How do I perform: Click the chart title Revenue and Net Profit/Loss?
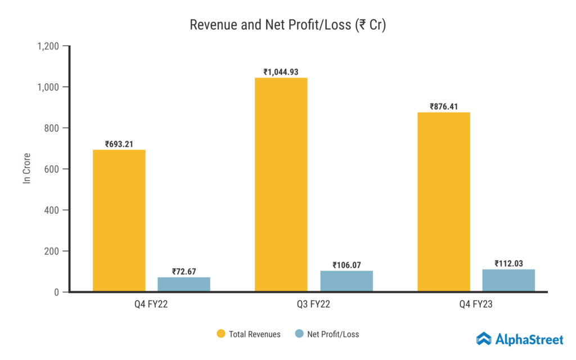287,25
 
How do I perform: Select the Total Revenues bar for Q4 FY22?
119,220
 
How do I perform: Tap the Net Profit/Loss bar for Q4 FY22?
183,284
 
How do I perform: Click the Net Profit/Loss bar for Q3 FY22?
346,281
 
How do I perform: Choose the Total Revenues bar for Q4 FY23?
443,202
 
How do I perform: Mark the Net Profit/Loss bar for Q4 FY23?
508,280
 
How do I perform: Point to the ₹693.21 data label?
119,144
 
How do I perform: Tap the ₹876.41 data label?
443,106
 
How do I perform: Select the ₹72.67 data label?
183,272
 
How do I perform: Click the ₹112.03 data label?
508,263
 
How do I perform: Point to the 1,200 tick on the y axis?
48,46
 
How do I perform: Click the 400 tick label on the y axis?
52,210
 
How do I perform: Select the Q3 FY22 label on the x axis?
313,305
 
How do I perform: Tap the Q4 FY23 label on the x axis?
476,305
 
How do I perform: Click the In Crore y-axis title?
26,169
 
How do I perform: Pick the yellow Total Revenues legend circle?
221,334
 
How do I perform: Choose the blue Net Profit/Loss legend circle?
299,334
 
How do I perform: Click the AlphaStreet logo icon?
484,339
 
